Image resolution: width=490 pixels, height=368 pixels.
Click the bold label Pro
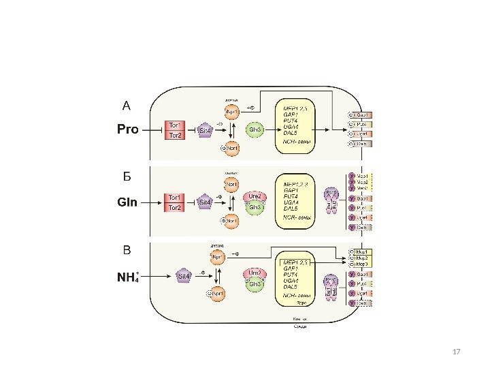click(x=127, y=129)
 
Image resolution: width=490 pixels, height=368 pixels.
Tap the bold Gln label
click(x=127, y=202)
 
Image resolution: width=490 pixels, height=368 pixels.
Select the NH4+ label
click(x=128, y=276)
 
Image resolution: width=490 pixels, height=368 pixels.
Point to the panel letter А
click(x=126, y=106)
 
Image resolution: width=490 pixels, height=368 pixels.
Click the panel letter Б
click(x=126, y=177)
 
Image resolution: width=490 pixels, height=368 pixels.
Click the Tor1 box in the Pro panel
click(x=174, y=125)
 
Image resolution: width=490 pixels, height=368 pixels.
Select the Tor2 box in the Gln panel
click(x=174, y=207)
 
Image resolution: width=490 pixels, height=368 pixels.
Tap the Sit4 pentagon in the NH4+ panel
click(x=184, y=276)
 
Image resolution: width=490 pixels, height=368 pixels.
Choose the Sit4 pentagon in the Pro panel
click(x=205, y=129)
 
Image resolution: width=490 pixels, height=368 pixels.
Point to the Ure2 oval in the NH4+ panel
click(x=255, y=273)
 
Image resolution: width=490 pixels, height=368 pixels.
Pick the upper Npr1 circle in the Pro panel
click(x=231, y=112)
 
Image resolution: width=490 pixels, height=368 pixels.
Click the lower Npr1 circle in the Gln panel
click(x=231, y=220)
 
